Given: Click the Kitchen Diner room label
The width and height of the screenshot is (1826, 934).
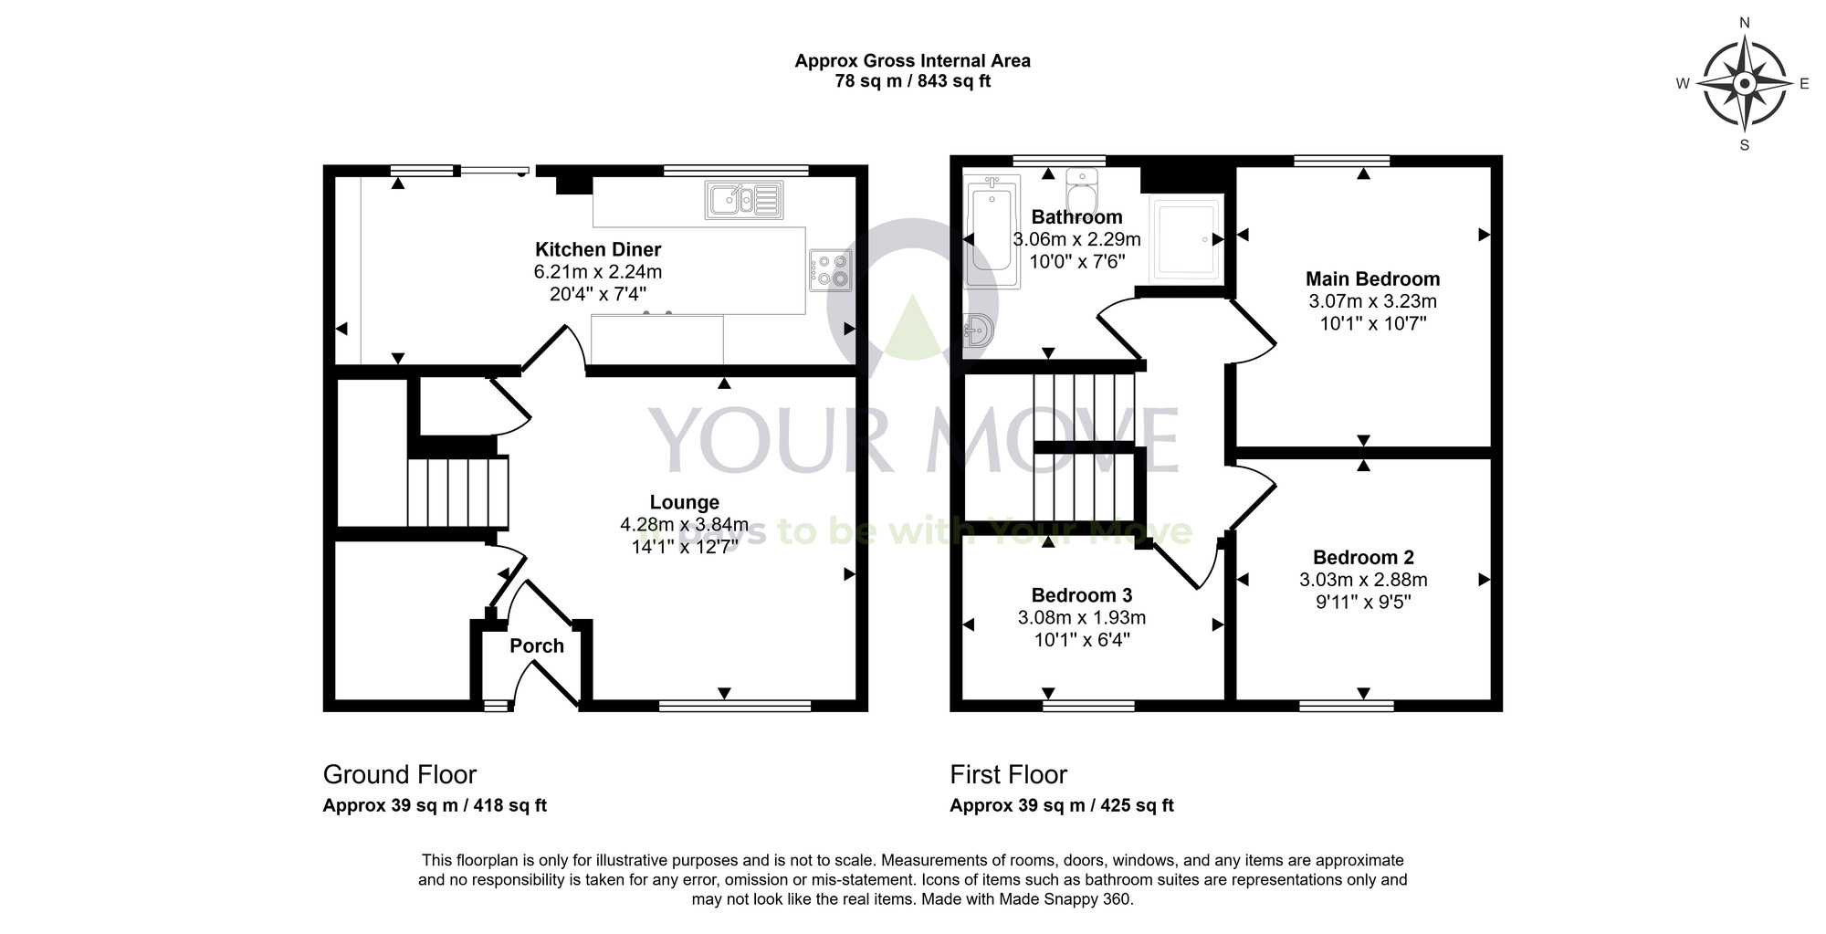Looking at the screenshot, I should click(598, 249).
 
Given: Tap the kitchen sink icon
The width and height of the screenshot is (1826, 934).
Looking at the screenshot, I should click(744, 200).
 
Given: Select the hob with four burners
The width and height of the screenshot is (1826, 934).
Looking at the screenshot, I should click(830, 269).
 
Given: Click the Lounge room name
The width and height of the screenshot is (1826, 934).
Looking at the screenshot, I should click(685, 502).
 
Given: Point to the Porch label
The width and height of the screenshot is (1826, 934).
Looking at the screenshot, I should click(537, 645).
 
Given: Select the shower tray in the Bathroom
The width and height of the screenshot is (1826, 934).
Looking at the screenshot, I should click(1188, 238).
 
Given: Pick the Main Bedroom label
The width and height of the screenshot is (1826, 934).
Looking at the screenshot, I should click(1372, 279).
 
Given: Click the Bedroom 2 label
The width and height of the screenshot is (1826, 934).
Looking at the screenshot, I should click(1363, 557).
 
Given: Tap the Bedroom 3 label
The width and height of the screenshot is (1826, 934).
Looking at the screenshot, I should click(1082, 595).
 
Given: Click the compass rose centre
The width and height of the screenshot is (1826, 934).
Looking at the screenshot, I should click(1745, 84).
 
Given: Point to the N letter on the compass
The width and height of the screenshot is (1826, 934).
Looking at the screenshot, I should click(1745, 23).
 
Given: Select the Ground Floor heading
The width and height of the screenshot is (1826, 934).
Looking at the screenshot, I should click(400, 774).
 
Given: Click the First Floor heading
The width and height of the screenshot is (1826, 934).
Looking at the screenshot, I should click(1008, 774).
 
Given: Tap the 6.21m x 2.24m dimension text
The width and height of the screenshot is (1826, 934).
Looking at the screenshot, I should click(598, 272).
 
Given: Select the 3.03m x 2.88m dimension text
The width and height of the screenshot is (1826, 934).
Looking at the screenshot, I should click(1363, 580).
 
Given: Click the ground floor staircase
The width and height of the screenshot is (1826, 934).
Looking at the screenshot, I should click(457, 491).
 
